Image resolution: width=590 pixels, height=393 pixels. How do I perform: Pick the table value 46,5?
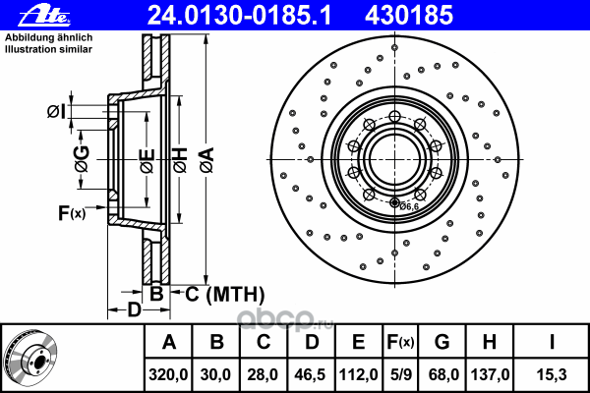311,374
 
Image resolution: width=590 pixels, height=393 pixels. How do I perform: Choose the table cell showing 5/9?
400,374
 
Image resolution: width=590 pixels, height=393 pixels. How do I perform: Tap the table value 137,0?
489,374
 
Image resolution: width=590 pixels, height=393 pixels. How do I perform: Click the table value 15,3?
552,374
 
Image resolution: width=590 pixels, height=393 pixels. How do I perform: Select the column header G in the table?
442,343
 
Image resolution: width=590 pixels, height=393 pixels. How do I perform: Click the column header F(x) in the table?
400,343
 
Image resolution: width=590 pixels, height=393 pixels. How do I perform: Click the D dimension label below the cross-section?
134,311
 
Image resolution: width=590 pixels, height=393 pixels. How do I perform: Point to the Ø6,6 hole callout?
409,205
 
